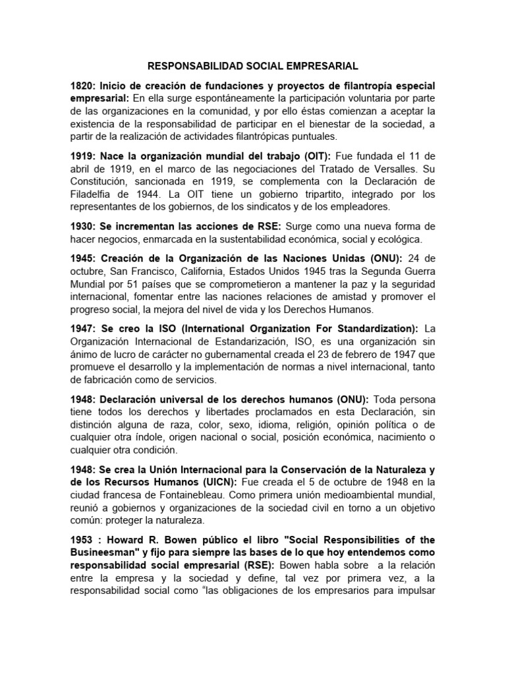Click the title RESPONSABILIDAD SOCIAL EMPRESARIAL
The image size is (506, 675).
pyautogui.click(x=252, y=66)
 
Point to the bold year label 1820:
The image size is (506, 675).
pyautogui.click(x=84, y=86)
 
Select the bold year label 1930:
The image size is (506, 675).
pyautogui.click(x=84, y=226)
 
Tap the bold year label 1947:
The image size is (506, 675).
pyautogui.click(x=84, y=328)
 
